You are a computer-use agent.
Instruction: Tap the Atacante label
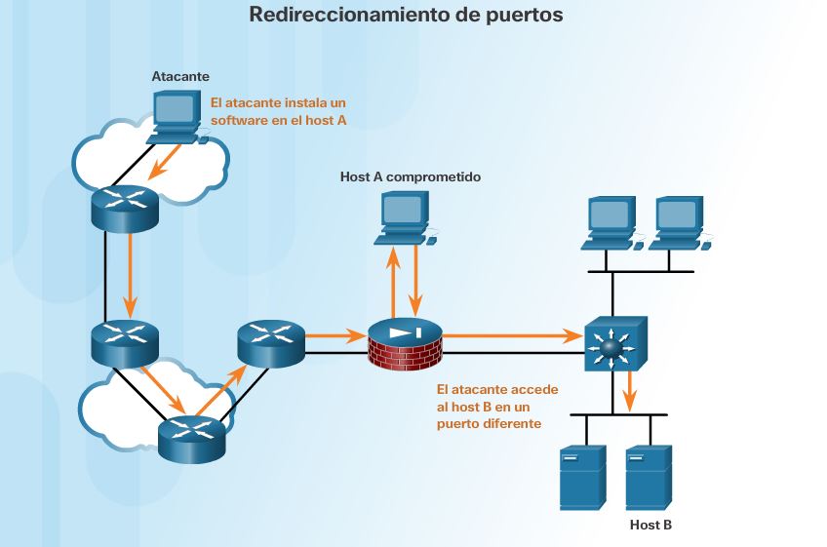[180, 75]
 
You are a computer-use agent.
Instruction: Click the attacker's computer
[176, 116]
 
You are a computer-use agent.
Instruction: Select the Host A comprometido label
[410, 176]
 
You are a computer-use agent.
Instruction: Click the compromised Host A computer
[405, 216]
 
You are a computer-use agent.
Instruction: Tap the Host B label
[650, 526]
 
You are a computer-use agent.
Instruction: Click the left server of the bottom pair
[583, 477]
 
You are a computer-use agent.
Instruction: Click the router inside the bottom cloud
[191, 436]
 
